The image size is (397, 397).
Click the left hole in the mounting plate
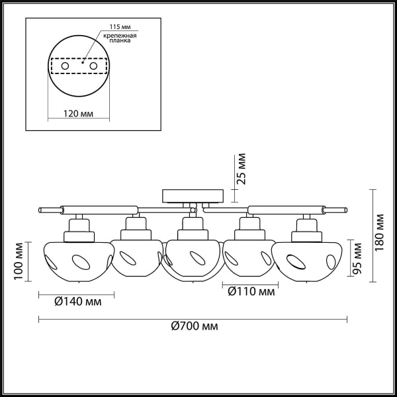pos(65,67)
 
